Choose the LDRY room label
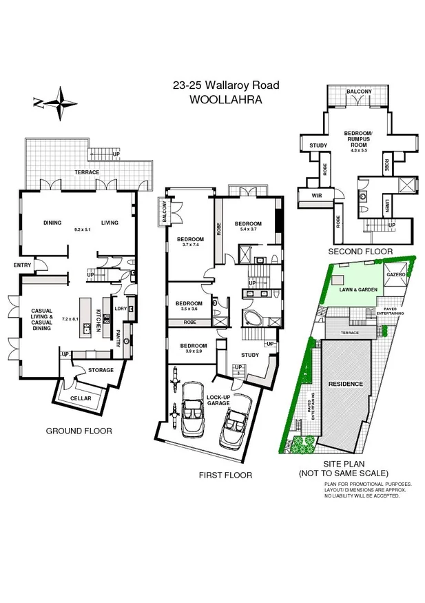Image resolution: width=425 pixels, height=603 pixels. pos(121,308)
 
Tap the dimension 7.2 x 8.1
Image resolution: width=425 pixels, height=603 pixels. pos(71,320)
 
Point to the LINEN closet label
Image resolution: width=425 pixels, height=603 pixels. pos(387,204)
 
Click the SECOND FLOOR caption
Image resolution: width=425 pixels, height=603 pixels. pos(360,252)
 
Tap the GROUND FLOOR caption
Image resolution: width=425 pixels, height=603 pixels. pos(79,431)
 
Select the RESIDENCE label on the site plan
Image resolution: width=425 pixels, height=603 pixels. pos(344,384)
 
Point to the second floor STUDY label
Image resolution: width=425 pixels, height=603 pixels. pos(318,145)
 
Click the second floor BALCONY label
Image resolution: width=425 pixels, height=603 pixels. pos(359,91)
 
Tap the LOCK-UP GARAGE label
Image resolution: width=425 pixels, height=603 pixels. pos(218,401)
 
